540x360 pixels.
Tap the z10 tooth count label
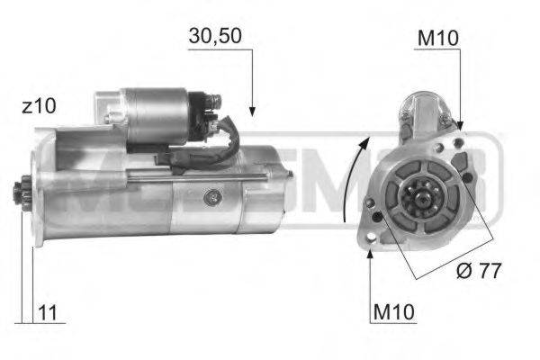[x=38, y=106]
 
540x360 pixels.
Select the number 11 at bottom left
[x=50, y=314]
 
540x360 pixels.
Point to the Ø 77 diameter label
[x=477, y=269]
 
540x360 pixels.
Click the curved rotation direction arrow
[x=354, y=175]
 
